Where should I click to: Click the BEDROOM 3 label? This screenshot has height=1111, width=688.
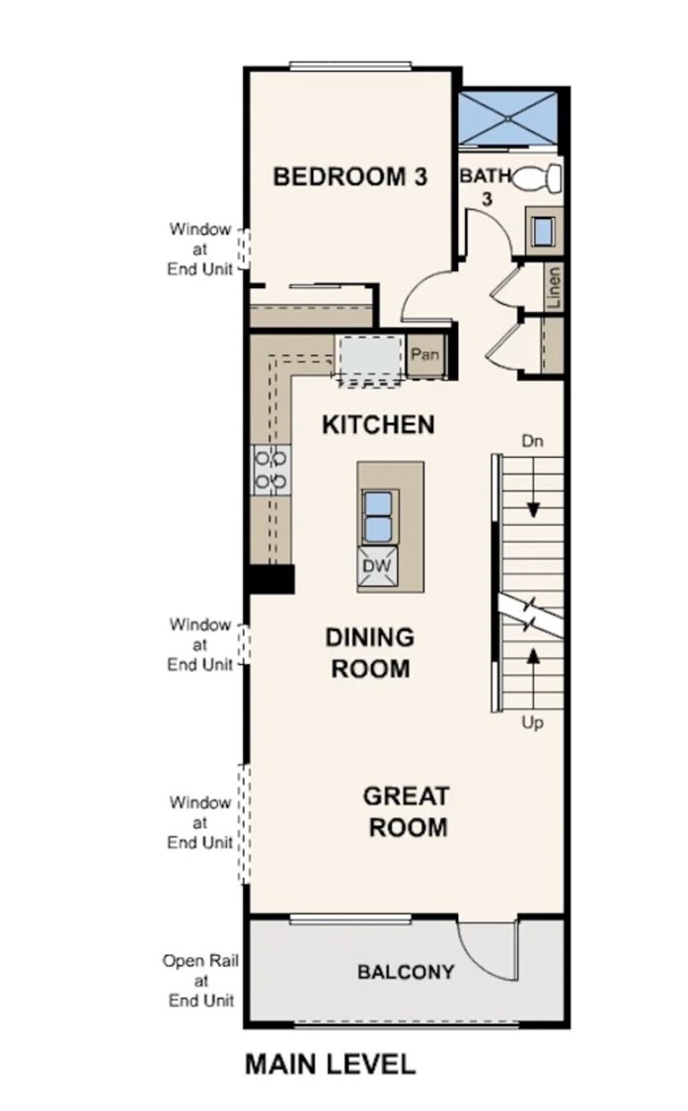tap(350, 177)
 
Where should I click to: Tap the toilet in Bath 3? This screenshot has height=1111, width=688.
tap(537, 178)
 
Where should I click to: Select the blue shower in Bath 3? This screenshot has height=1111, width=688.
tap(507, 117)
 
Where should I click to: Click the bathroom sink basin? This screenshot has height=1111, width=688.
tap(543, 231)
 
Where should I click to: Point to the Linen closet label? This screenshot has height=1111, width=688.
tap(554, 287)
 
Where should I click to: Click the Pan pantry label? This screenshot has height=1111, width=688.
tap(425, 353)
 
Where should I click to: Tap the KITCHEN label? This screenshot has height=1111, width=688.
tap(378, 425)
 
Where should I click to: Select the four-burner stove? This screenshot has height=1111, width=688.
tap(272, 470)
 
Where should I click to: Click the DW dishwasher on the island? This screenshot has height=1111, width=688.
tap(378, 566)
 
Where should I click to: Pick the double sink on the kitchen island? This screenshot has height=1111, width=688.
tap(378, 517)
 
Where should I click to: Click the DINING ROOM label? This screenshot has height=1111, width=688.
tap(370, 652)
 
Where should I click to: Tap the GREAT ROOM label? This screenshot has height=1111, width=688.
tap(407, 812)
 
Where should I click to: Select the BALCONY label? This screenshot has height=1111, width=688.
tap(406, 972)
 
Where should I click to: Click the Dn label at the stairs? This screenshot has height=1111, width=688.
tap(533, 441)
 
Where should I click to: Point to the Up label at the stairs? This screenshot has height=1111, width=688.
tap(533, 723)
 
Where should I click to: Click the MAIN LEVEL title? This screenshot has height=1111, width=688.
tap(331, 1065)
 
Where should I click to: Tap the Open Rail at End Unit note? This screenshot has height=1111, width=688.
tap(200, 981)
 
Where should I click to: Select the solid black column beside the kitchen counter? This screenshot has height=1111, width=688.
tap(269, 579)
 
